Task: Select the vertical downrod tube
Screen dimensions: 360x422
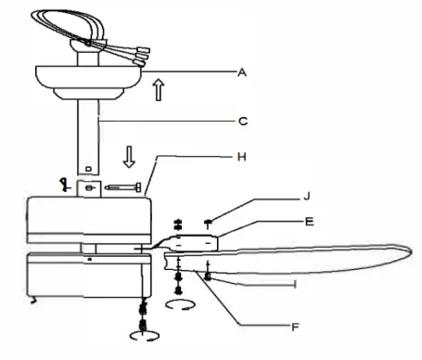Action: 88,139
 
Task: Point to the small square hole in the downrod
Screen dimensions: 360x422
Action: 87,169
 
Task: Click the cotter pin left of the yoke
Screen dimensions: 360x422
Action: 64,185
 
